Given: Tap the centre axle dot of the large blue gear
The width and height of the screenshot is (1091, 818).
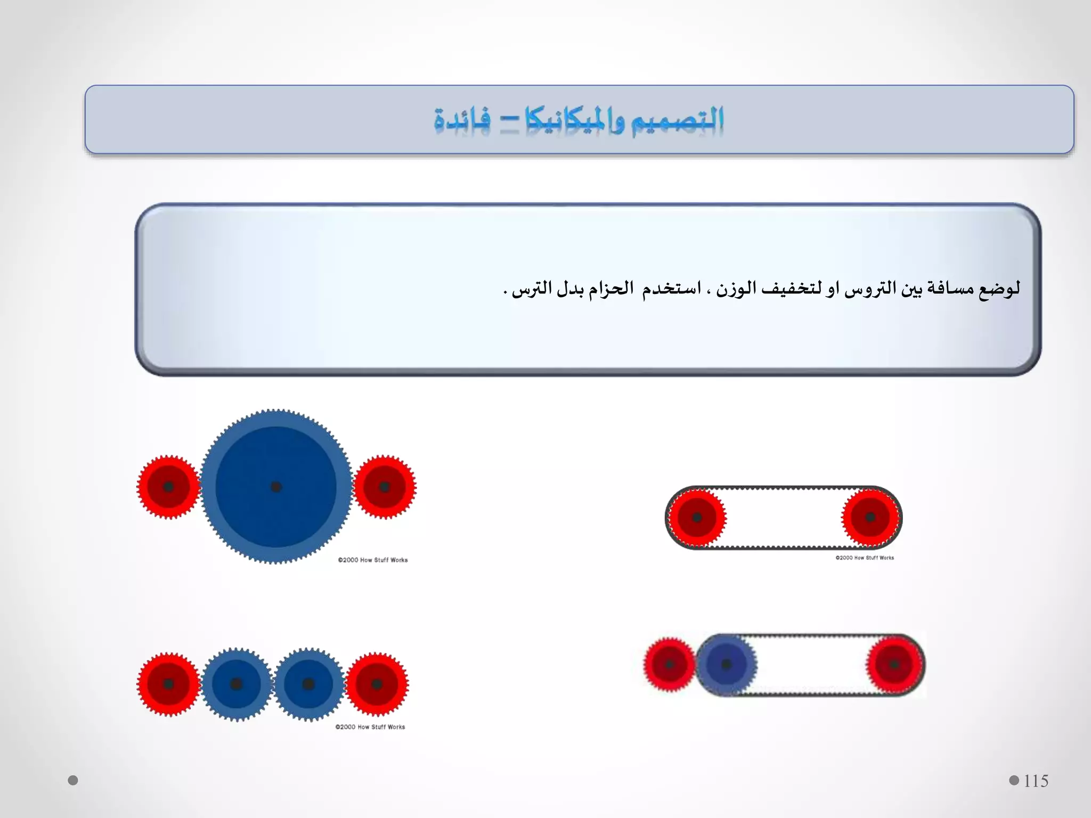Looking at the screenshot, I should (276, 487).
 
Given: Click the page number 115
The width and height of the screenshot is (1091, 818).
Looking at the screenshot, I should (1036, 781).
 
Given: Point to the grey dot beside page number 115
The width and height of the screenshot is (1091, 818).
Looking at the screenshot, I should (1014, 780).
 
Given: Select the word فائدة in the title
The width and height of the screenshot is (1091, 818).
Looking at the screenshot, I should (462, 120).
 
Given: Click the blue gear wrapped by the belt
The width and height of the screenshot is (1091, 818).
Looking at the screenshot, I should (726, 665).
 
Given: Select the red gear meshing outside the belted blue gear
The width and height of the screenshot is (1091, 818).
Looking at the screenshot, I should (669, 665).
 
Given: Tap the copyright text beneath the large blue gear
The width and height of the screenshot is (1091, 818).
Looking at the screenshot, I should (373, 560).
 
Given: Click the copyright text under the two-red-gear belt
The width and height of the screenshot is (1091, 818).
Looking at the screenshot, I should (865, 558).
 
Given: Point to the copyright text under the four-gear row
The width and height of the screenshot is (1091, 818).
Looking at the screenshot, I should (370, 727).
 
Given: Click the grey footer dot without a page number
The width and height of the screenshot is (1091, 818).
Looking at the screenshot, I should (73, 780).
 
